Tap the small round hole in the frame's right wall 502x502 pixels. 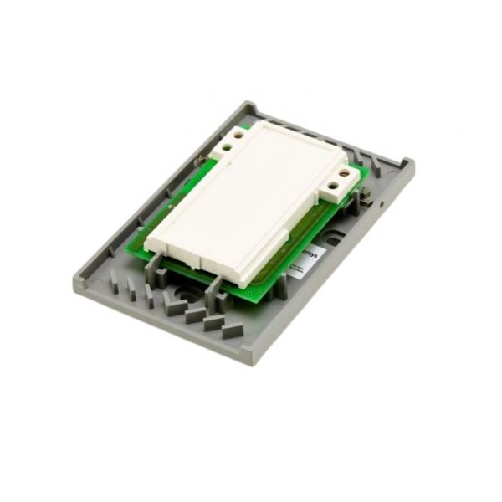[381, 204]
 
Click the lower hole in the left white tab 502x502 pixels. [226, 149]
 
